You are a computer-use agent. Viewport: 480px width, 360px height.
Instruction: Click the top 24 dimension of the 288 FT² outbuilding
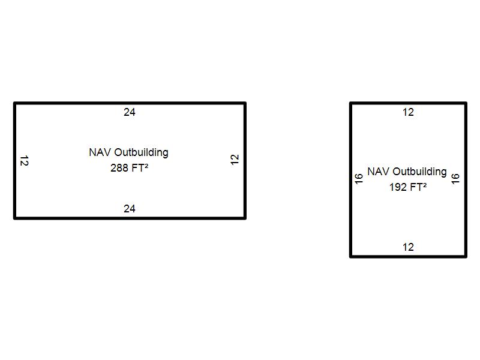click(x=130, y=112)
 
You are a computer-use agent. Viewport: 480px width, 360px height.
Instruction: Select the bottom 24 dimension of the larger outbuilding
click(x=130, y=209)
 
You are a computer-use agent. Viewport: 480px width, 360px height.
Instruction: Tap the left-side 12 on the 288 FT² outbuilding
click(x=24, y=161)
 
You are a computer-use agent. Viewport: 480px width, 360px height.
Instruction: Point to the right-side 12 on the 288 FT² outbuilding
click(x=235, y=160)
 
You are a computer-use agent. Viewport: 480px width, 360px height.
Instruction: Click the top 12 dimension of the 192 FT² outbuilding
click(x=408, y=112)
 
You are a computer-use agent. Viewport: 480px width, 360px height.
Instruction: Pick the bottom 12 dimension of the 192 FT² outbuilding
click(x=408, y=247)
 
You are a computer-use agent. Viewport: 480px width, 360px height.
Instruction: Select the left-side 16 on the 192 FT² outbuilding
click(x=359, y=179)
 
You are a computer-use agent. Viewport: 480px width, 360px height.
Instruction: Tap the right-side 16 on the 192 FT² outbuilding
click(x=455, y=179)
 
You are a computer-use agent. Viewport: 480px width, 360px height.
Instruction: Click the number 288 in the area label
click(x=119, y=169)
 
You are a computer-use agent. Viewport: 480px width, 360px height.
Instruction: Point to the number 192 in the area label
click(x=398, y=187)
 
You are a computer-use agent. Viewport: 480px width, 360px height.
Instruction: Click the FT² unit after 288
click(x=139, y=168)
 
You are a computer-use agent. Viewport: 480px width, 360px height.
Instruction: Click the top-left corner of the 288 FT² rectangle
click(x=15, y=104)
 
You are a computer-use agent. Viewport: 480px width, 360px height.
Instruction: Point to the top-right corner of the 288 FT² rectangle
click(x=245, y=104)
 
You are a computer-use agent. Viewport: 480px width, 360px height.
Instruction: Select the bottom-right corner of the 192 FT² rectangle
click(x=466, y=256)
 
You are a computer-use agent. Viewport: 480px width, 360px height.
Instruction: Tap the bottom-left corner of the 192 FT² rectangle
click(x=351, y=256)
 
